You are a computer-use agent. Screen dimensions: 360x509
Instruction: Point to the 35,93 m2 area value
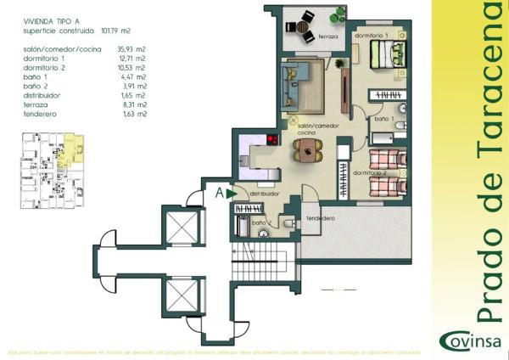tap(135, 50)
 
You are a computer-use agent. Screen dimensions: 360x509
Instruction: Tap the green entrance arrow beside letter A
tap(232, 194)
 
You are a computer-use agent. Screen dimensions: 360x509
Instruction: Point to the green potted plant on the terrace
tap(338, 14)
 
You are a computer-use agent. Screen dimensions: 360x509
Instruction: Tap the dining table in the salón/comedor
tap(308, 151)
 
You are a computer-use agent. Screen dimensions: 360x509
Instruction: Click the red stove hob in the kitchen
tap(273, 140)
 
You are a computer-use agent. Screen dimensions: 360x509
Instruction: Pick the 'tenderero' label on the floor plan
tap(322, 218)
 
